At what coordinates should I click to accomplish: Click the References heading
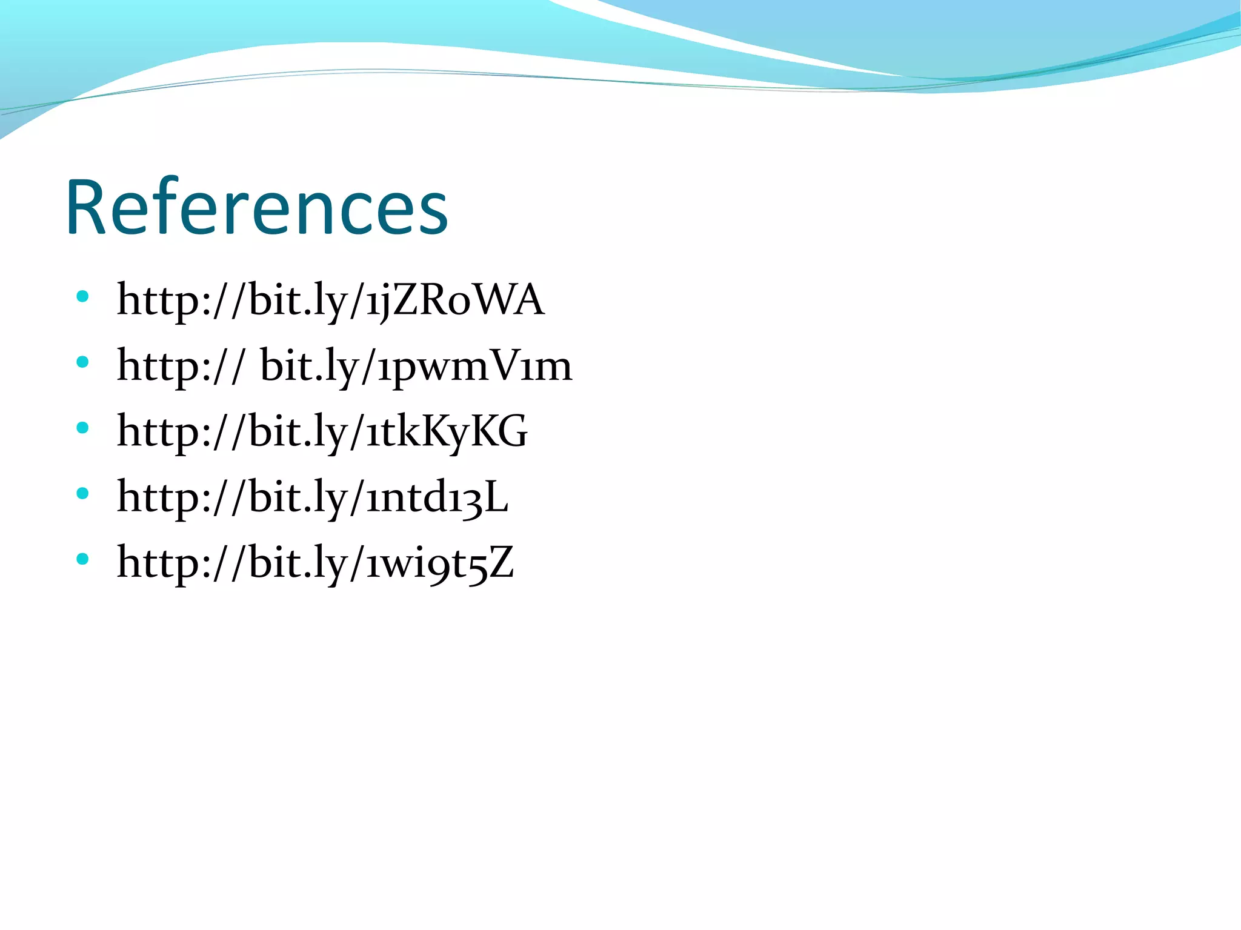[x=256, y=208]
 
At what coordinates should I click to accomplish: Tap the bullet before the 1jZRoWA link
[x=83, y=297]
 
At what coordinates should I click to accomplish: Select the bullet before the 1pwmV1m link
[x=83, y=362]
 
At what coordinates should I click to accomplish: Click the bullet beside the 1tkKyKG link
[x=83, y=428]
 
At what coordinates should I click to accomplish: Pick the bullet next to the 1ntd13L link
[x=83, y=493]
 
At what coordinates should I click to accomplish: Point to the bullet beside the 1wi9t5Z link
[x=83, y=559]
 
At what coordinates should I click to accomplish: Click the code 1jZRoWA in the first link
[x=454, y=300]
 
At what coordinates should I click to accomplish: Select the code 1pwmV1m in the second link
[x=474, y=366]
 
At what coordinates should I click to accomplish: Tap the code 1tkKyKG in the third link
[x=447, y=431]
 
